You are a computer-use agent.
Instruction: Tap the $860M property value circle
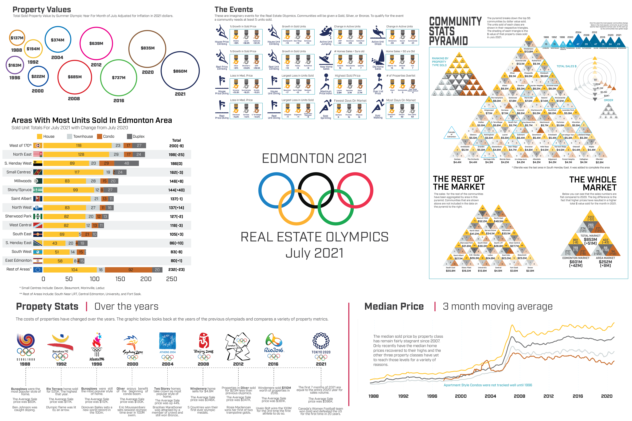click(x=180, y=71)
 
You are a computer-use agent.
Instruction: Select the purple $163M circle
click(x=15, y=65)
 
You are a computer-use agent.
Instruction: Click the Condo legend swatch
click(x=99, y=136)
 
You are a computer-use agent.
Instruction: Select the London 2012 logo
click(x=238, y=346)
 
